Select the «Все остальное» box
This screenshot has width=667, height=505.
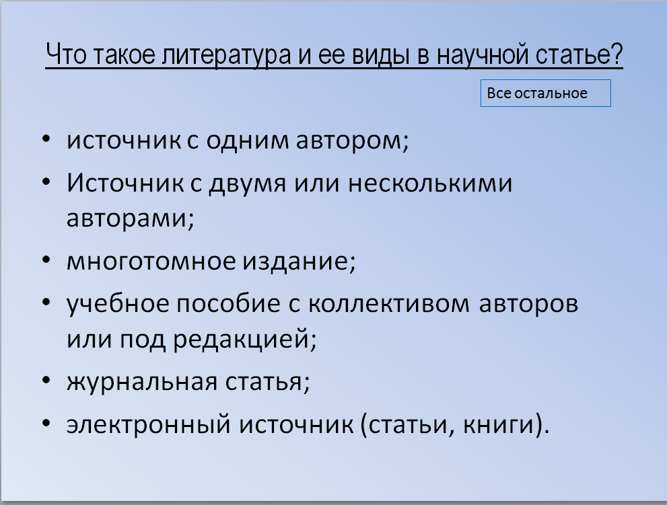tap(546, 93)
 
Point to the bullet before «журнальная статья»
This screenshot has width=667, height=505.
tap(46, 380)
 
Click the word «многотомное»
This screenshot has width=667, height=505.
tap(151, 261)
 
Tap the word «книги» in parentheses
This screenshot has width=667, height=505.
tap(499, 425)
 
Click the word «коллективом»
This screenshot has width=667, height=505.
tap(389, 303)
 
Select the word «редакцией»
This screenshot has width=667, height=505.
tap(244, 340)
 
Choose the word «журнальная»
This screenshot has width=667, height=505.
tap(142, 382)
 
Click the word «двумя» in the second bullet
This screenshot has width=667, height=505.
tap(248, 184)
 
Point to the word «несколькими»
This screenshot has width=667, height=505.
tap(430, 184)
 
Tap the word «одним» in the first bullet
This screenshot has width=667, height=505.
tap(248, 141)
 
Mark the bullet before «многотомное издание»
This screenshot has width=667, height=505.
tap(46, 260)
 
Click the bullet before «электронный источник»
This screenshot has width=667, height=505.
tap(46, 423)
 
